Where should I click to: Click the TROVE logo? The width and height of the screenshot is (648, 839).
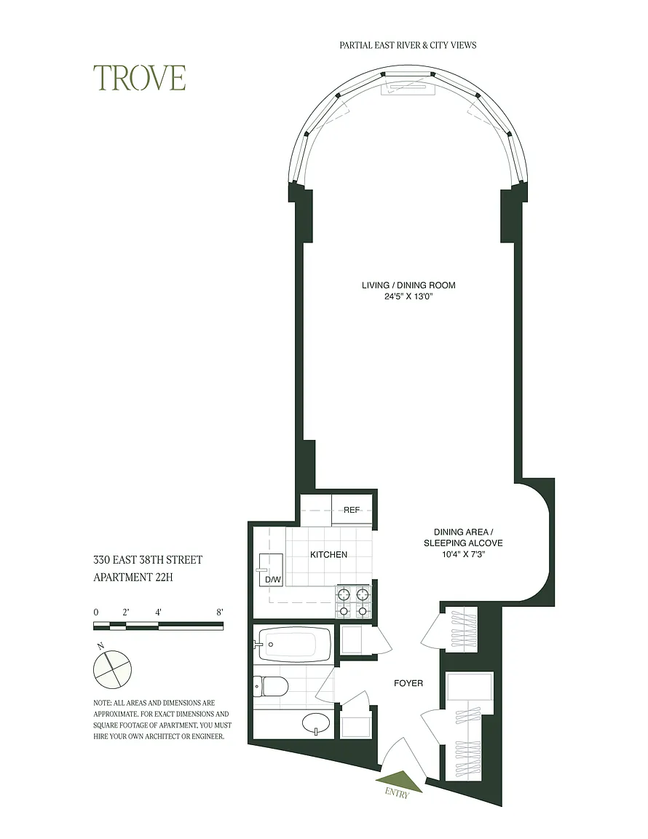click(140, 78)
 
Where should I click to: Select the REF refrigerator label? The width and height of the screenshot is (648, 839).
click(352, 510)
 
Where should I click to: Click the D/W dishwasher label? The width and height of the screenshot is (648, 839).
click(272, 580)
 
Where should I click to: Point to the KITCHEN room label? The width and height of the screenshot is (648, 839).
click(328, 555)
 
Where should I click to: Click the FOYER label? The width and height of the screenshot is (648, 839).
click(408, 683)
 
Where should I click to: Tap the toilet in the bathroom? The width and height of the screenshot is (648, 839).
click(270, 685)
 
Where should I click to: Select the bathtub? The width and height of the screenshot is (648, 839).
click(294, 645)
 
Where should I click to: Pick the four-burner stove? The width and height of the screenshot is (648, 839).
click(352, 602)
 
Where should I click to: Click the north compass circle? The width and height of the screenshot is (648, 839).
click(112, 669)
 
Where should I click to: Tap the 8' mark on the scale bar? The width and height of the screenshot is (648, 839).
click(220, 612)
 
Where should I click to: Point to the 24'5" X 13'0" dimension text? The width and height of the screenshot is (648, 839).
click(408, 296)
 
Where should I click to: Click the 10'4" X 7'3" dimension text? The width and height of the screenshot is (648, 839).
click(463, 554)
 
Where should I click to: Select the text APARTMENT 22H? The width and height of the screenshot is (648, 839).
click(133, 578)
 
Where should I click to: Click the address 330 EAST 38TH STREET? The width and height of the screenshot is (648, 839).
click(149, 560)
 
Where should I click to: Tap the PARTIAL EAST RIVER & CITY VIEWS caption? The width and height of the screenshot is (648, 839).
click(408, 45)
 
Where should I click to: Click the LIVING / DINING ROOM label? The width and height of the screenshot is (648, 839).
click(408, 285)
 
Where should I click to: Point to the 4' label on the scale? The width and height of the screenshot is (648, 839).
click(159, 612)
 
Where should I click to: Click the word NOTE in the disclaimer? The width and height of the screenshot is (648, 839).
click(101, 703)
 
